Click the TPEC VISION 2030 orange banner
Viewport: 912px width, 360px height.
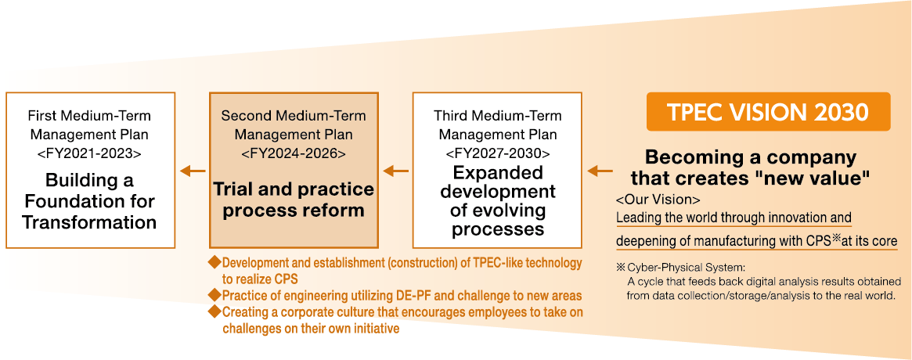768,112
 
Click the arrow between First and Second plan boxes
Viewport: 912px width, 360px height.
193,171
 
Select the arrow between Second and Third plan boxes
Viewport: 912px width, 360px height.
396,171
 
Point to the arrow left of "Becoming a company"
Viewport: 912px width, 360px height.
600,171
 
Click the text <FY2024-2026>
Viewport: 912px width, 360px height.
293,153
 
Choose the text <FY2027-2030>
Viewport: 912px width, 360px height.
497,153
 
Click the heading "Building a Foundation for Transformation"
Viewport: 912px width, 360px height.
89,201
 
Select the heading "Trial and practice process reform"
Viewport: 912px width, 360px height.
293,200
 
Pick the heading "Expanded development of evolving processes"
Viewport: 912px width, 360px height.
498,201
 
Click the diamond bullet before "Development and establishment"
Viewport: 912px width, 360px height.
215,263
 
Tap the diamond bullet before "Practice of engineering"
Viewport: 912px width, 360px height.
215,296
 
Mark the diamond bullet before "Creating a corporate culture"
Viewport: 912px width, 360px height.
215,312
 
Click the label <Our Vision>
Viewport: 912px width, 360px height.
658,200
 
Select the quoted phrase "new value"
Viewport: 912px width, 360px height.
820,178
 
